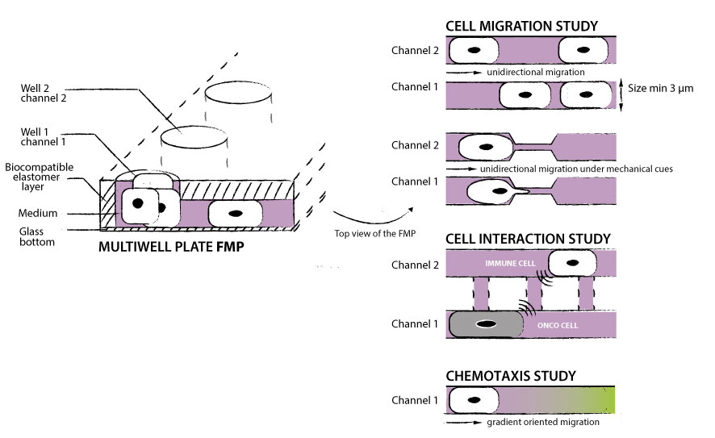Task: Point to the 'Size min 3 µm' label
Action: (x=661, y=90)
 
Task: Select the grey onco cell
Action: (x=486, y=324)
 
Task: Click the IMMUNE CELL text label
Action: (x=508, y=263)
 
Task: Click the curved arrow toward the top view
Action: (x=372, y=215)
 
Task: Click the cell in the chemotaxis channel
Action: (x=475, y=399)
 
